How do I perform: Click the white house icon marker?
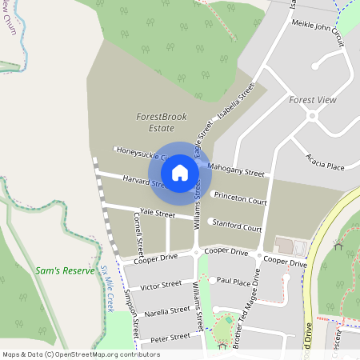180,172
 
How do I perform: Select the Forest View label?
312,100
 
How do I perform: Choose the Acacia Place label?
325,165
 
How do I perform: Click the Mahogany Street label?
236,170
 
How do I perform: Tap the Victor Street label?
161,286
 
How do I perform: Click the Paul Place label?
235,282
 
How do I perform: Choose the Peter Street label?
169,337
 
